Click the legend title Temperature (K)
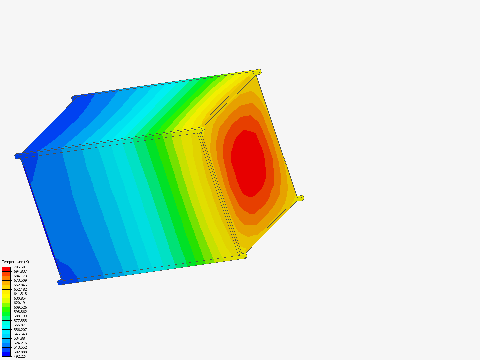coord(15,262)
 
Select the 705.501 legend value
coord(20,267)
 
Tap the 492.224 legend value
coord(20,356)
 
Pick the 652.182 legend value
coord(20,289)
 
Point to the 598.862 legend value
coord(20,312)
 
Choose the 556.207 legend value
coord(20,330)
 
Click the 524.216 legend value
coord(20,343)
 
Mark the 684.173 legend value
coord(20,276)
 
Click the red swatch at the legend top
coord(6,269)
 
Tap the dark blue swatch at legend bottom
coord(6,354)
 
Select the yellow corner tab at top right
coord(257,72)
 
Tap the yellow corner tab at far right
coord(300,198)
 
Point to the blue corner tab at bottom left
coord(60,283)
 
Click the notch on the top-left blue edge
coord(72,99)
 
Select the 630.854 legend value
coord(20,298)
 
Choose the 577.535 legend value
coord(20,321)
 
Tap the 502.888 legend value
coord(20,352)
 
